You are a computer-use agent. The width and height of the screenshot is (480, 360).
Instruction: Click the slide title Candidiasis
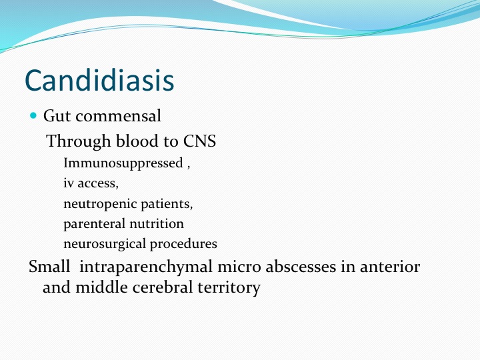99,80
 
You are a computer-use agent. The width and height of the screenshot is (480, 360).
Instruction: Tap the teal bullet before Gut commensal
33,115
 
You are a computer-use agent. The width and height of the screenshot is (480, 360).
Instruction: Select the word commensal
118,116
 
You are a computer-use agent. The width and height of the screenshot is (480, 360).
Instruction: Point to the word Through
78,141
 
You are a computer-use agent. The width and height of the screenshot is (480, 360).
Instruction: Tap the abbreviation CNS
199,141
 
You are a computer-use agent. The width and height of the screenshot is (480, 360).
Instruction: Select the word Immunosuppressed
123,163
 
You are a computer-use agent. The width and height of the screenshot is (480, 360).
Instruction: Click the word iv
69,183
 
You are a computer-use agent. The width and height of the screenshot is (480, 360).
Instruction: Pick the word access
97,184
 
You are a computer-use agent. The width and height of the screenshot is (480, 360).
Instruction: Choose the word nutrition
157,224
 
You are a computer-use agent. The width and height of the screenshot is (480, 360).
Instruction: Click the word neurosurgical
105,244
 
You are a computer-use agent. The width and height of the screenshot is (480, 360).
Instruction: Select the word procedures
183,244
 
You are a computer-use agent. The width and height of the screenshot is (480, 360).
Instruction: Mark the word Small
49,266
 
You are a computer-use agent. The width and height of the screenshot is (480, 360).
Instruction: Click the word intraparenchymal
146,267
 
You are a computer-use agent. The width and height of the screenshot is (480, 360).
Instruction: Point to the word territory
229,288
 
